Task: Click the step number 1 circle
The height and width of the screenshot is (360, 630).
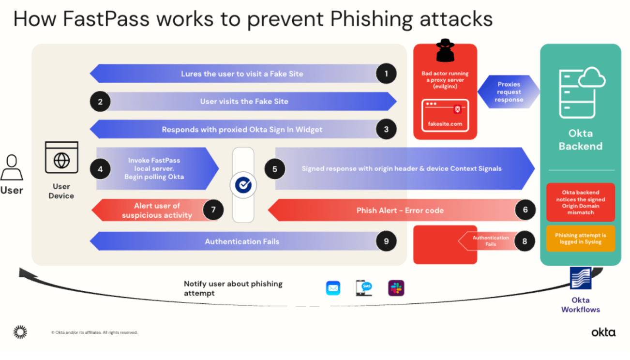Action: [x=386, y=74]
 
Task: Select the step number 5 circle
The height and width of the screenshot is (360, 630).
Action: [x=275, y=169]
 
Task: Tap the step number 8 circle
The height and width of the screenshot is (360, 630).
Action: [x=525, y=241]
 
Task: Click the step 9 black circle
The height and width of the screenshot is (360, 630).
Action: [x=386, y=241]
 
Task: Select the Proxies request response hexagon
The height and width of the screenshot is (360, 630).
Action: [x=509, y=92]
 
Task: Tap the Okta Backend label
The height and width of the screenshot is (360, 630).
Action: [x=581, y=139]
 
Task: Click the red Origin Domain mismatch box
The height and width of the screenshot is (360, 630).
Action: [x=580, y=202]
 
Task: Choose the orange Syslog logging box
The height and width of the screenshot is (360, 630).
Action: [x=580, y=239]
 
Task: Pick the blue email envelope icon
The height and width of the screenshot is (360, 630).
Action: [x=333, y=288]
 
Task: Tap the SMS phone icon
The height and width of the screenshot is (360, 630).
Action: [x=364, y=288]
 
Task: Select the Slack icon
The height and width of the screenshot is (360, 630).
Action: [x=396, y=288]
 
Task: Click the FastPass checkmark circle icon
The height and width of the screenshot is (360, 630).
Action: [x=243, y=185]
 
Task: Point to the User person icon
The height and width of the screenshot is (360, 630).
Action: [x=12, y=167]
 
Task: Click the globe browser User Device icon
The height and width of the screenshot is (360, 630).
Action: [x=61, y=158]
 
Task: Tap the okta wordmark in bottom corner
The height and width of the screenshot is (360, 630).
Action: [x=603, y=332]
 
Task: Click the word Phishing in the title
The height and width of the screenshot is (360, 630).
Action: [x=373, y=19]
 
